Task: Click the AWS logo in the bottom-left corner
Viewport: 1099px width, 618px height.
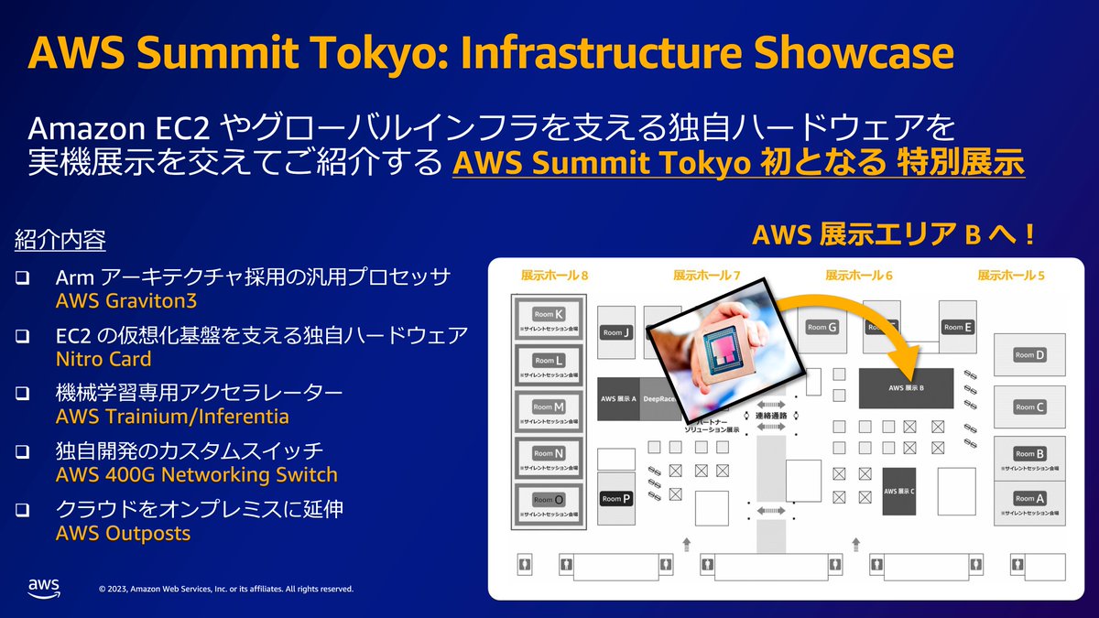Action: pos(43,588)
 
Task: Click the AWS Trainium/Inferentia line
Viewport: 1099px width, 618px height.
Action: pos(172,417)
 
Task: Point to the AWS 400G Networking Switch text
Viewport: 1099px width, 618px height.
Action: pos(196,475)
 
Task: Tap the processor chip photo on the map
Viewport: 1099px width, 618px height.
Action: pos(724,352)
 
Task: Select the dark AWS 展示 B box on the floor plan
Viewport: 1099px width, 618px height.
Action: pos(905,388)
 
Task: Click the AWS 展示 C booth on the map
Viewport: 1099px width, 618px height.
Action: pos(899,491)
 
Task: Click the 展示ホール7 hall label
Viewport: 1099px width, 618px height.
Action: pos(706,275)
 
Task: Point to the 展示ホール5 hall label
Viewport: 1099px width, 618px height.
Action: pos(1010,275)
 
